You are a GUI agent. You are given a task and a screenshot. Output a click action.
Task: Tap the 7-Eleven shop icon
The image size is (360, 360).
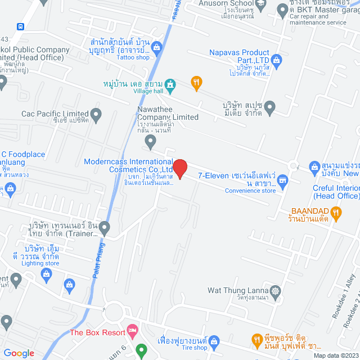(282, 181)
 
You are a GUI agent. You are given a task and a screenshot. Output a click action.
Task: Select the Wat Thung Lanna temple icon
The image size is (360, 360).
(274, 291)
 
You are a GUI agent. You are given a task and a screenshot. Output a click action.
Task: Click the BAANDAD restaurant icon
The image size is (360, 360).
(336, 212)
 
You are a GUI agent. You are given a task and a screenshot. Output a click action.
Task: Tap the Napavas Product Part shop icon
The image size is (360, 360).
(276, 59)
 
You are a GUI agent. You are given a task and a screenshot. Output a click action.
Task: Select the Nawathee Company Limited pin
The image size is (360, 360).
(150, 143)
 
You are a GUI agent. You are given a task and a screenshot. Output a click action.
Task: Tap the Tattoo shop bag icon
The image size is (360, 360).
(157, 46)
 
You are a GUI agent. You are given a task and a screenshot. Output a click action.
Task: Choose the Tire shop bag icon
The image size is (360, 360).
(214, 340)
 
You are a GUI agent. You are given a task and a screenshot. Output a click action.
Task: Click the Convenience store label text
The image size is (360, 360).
(251, 191)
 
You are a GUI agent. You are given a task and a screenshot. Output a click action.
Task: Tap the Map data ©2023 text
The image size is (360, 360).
(335, 355)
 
